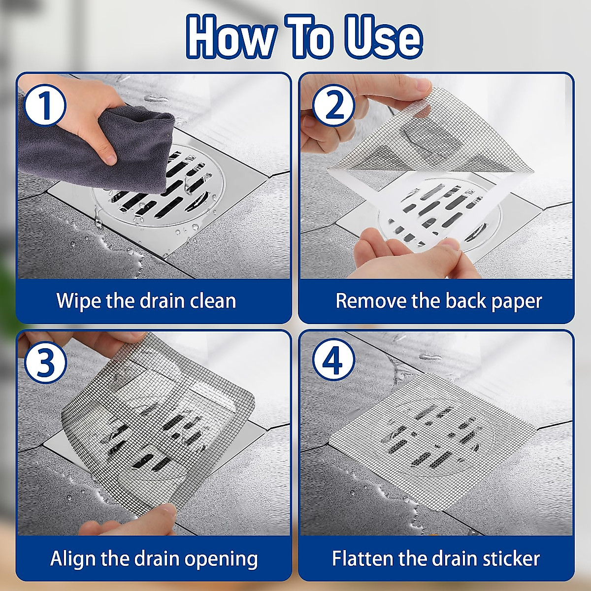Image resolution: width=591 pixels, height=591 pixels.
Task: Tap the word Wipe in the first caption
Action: click(x=78, y=301)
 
